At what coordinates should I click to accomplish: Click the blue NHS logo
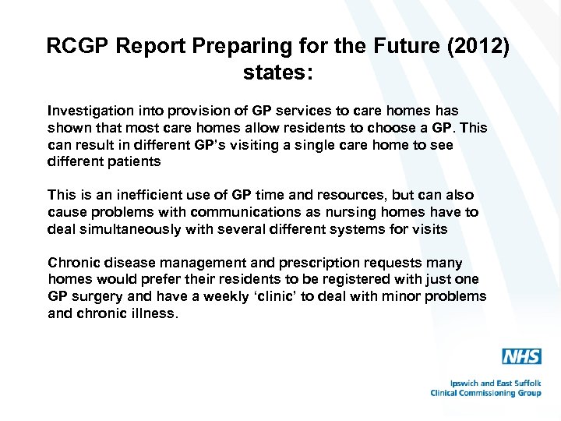pyautogui.click(x=521, y=357)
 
